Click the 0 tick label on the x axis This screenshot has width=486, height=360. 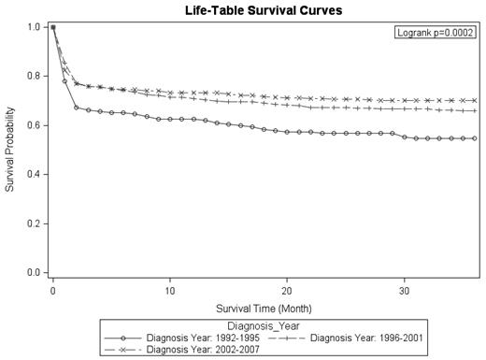tap(53, 291)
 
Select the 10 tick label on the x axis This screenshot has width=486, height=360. tap(170, 291)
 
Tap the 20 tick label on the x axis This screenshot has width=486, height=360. tap(287, 291)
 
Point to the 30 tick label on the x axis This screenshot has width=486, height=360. tap(404, 291)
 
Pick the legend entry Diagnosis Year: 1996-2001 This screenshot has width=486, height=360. tap(364, 338)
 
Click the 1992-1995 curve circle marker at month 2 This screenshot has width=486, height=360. tap(77, 108)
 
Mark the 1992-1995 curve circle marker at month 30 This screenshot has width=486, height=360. tap(404, 137)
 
